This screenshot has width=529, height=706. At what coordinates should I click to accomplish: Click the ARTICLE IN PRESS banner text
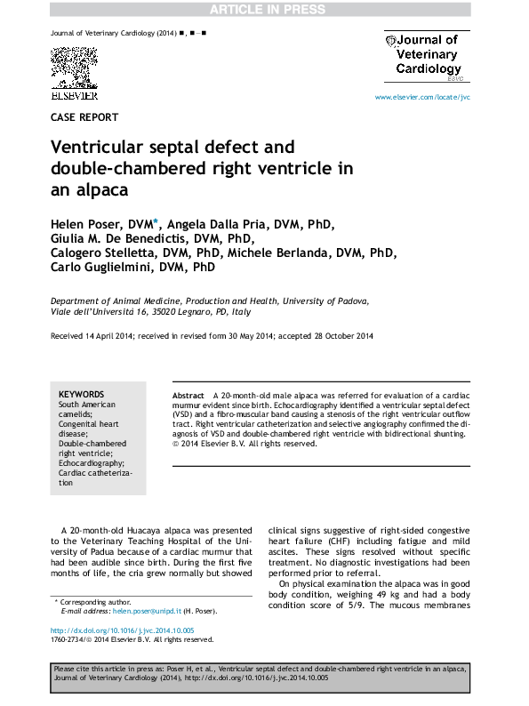click(x=264, y=9)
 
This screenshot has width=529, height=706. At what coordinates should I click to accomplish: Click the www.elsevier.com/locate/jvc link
click(x=422, y=96)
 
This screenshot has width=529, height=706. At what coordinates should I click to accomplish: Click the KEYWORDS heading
click(x=81, y=394)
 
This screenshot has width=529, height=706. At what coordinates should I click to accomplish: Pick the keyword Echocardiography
click(x=92, y=463)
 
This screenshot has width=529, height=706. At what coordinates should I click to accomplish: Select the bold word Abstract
click(x=188, y=394)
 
